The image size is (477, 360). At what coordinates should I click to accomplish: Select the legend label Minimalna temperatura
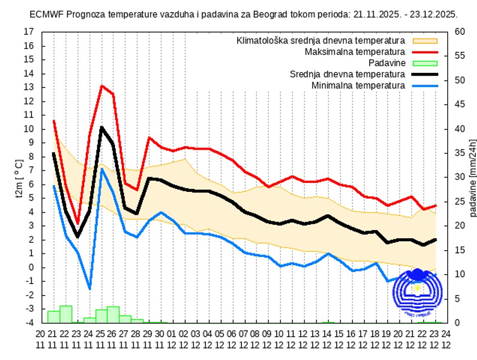[357, 85]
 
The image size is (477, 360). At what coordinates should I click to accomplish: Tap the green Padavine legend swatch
[425, 63]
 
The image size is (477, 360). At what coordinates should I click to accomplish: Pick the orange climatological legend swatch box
[425, 40]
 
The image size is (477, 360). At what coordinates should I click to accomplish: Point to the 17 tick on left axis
[29, 32]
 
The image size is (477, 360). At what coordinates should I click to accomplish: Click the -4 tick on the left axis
[29, 323]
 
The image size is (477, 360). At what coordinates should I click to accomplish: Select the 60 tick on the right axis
[459, 32]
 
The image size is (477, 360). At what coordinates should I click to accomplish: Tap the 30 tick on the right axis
[459, 177]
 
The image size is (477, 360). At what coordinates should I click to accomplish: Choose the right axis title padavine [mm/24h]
[473, 178]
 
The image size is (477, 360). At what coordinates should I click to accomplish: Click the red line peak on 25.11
[102, 86]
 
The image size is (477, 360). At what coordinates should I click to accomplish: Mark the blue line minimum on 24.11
[89, 289]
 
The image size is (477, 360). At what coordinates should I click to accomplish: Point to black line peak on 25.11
[102, 127]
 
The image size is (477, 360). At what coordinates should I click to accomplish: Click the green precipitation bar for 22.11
[66, 315]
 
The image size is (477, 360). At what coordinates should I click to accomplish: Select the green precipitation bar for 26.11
[113, 315]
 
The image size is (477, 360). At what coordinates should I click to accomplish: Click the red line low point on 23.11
[77, 223]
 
